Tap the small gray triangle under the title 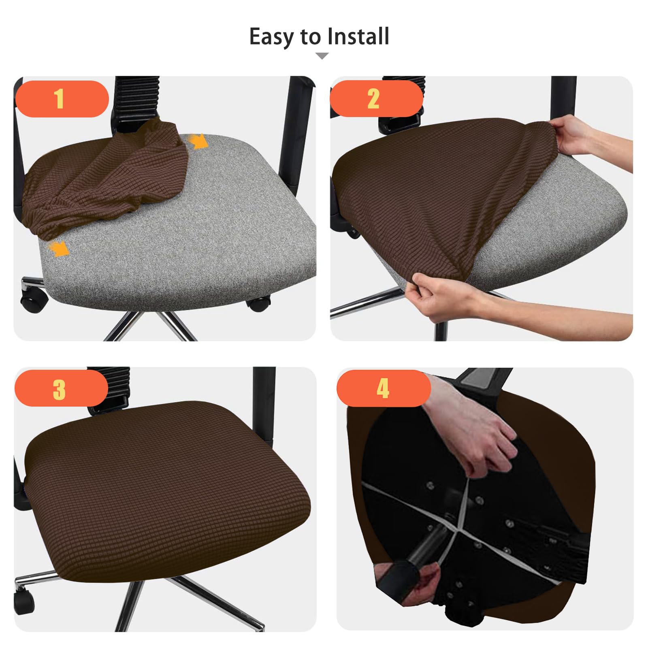(322, 56)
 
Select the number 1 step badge (62, 99)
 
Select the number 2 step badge (376, 98)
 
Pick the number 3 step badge (62, 388)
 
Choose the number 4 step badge (384, 388)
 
